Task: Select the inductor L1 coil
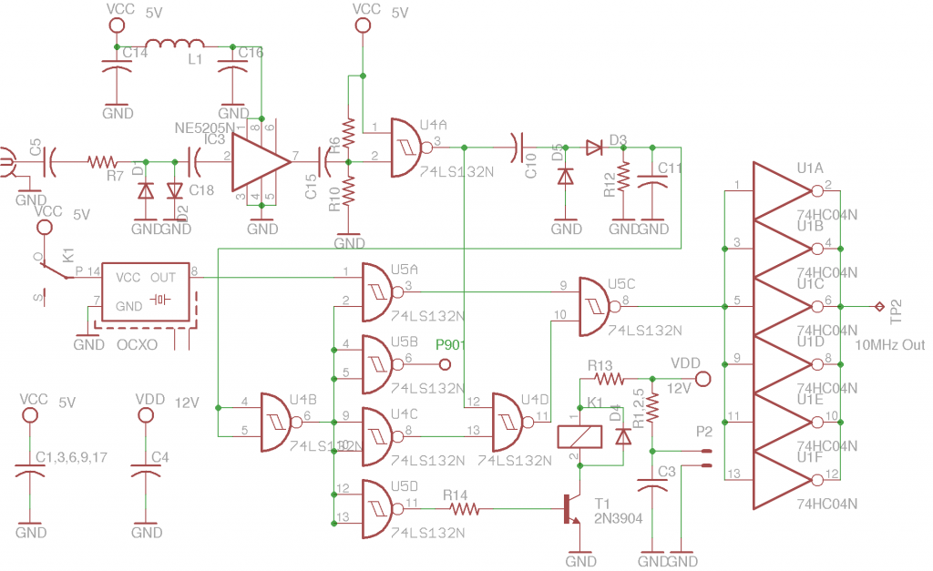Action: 175,45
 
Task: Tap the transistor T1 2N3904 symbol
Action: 571,509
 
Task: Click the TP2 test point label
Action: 897,311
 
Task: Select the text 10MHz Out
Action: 890,345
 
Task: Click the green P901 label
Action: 451,344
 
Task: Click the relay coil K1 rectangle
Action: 579,435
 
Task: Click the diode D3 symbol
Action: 596,147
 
